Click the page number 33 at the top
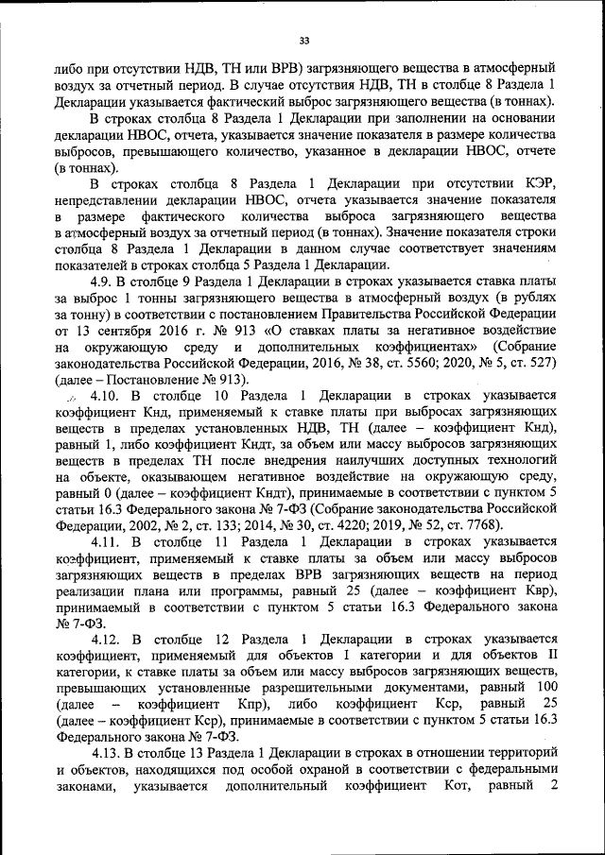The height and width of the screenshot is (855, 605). [x=303, y=39]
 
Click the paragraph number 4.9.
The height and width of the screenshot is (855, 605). [x=102, y=282]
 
